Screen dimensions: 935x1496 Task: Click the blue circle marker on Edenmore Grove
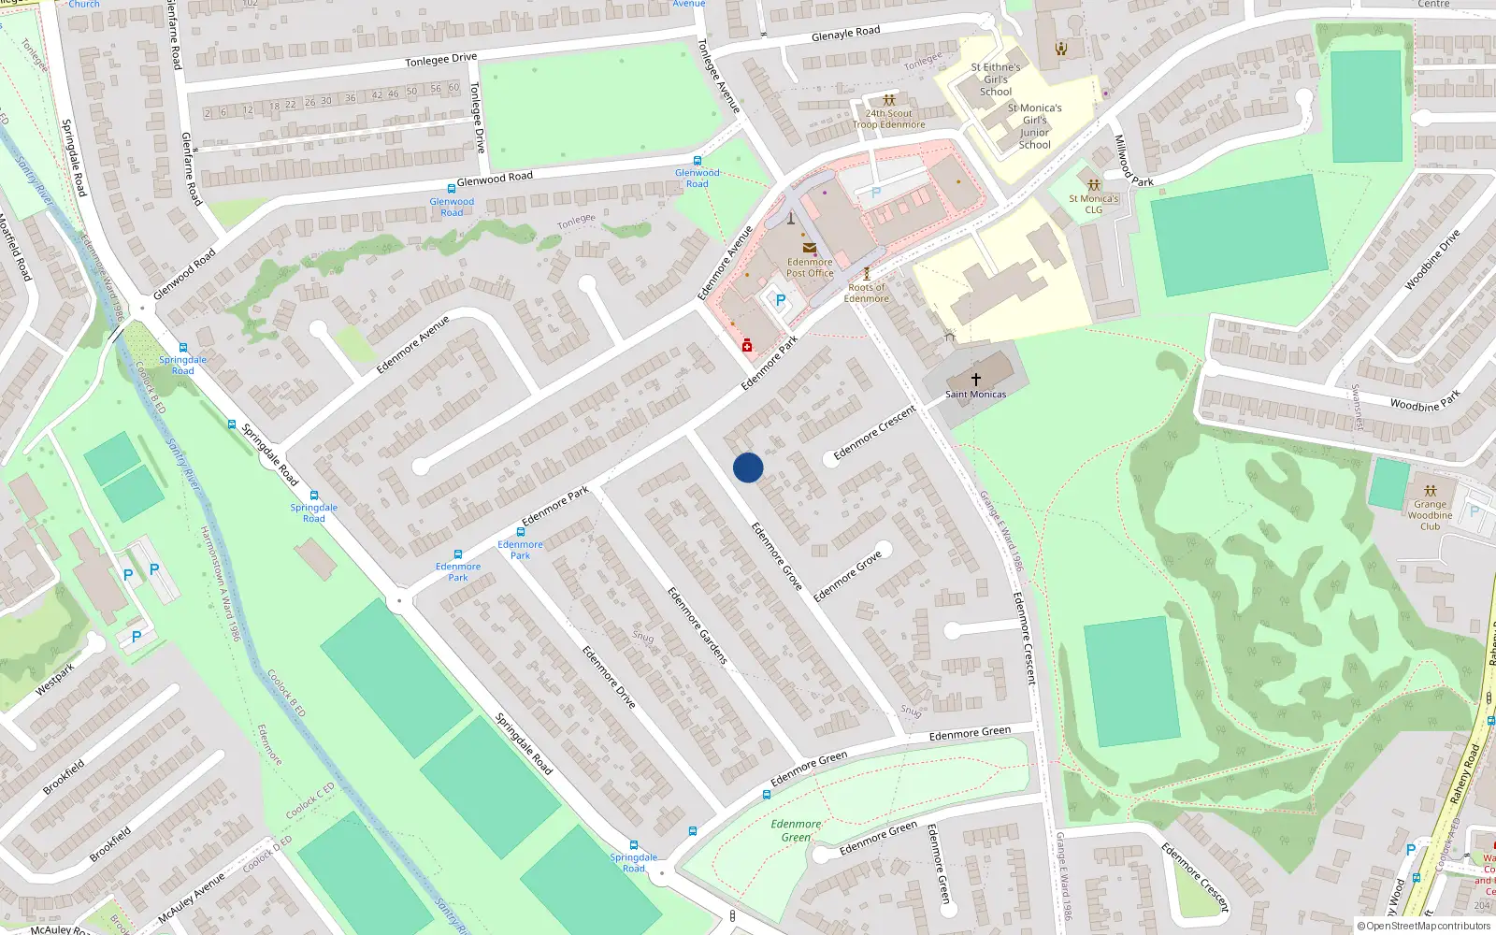coord(748,467)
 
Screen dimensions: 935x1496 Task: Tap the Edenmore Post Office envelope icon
coord(810,248)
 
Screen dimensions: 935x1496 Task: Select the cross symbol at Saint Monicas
coord(975,380)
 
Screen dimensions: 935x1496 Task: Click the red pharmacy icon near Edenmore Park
coord(747,347)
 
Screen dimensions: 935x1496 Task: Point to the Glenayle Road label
coord(845,34)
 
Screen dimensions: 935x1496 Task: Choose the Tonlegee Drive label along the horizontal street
coord(440,60)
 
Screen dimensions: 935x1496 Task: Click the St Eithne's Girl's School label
coord(996,79)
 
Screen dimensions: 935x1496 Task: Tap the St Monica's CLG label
coord(1094,204)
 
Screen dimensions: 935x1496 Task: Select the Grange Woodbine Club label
coord(1430,515)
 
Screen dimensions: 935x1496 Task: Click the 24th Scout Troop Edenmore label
coord(888,119)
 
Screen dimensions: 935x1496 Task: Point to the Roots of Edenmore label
coord(867,293)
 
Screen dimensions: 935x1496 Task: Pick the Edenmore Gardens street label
coord(697,626)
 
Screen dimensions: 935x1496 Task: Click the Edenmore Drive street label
coord(609,676)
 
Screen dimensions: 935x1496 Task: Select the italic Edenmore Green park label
coord(796,830)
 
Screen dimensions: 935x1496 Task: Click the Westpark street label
coord(54,680)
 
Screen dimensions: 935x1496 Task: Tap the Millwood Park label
coord(1132,162)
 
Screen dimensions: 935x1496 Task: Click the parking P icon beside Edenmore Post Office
coord(780,300)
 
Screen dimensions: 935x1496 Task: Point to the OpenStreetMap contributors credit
coord(1424,926)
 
